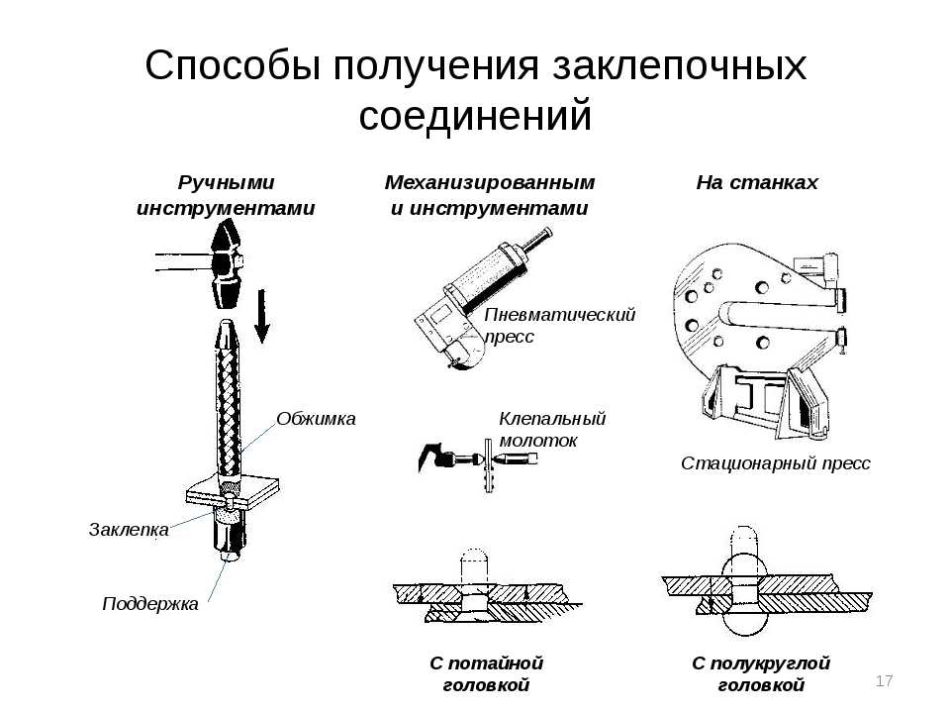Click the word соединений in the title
click(475, 116)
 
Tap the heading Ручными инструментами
click(226, 195)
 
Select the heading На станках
click(757, 183)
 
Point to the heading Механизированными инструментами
click(489, 195)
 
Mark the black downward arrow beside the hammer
click(262, 315)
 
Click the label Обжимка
click(316, 419)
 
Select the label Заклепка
click(129, 529)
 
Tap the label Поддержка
click(150, 603)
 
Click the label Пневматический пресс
click(559, 325)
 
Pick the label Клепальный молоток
click(552, 430)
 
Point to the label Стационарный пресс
click(776, 463)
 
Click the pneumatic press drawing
click(475, 297)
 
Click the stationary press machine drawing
click(757, 337)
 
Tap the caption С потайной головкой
click(487, 673)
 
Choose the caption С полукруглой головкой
click(761, 673)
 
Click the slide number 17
click(885, 680)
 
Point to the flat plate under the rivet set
click(230, 492)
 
